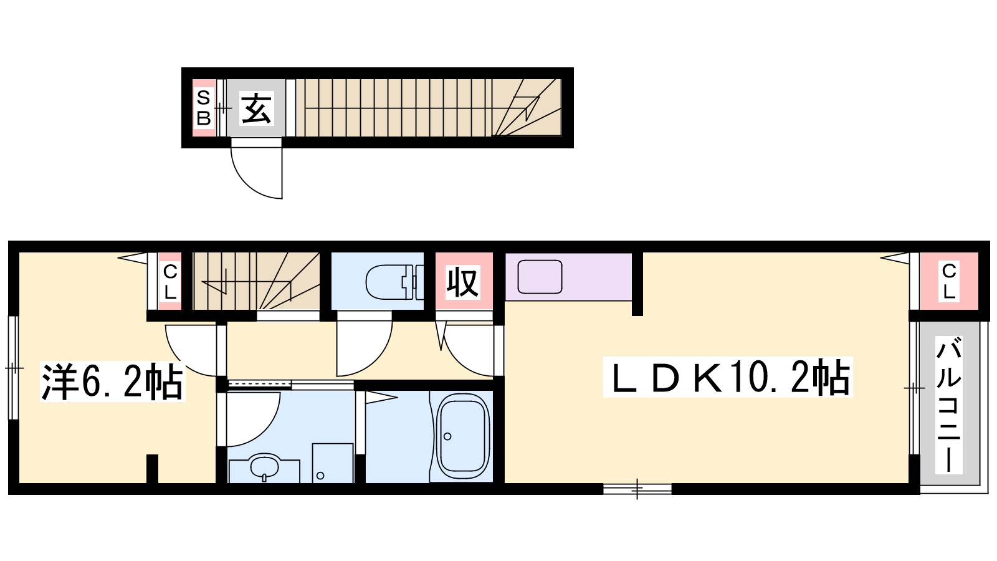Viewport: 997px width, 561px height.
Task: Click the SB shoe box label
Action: coord(203,108)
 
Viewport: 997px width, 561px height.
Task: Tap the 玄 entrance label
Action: coord(256,108)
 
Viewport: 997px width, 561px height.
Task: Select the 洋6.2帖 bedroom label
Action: coord(112,381)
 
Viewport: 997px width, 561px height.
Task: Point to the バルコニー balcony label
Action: coord(949,405)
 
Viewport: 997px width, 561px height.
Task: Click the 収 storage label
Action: coord(463,282)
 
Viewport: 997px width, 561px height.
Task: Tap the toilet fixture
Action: coord(394,282)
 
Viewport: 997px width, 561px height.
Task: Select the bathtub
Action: coord(463,436)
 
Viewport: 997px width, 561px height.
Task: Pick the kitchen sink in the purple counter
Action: coord(540,277)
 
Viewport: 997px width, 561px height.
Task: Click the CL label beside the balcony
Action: coord(949,281)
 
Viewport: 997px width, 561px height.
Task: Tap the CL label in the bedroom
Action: coord(171,281)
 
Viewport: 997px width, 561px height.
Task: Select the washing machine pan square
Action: coord(333,463)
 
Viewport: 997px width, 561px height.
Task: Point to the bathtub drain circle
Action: coord(447,436)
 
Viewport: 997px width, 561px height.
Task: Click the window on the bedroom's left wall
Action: coord(14,368)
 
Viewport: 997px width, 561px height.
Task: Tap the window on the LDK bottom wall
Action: coord(637,489)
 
